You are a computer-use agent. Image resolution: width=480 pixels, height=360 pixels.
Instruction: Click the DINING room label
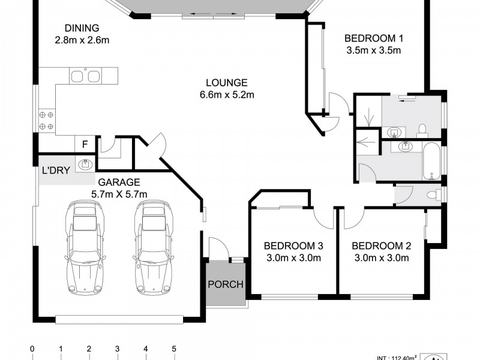pyautogui.click(x=82, y=28)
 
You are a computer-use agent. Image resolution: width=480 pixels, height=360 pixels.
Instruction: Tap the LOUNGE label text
pyautogui.click(x=227, y=83)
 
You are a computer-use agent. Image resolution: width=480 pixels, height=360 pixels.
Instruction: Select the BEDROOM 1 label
pyautogui.click(x=374, y=38)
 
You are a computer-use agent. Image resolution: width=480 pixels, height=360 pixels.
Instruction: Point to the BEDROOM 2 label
pyautogui.click(x=382, y=246)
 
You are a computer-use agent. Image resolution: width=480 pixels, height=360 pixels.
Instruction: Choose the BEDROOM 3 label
pyautogui.click(x=293, y=246)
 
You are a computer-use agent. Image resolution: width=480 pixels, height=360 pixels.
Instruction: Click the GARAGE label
pyautogui.click(x=119, y=182)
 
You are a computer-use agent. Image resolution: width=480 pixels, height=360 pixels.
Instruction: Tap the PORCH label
pyautogui.click(x=226, y=284)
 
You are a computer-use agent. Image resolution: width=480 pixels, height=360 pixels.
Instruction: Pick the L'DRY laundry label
pyautogui.click(x=56, y=170)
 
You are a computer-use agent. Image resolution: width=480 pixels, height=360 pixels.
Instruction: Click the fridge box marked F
pyautogui.click(x=85, y=144)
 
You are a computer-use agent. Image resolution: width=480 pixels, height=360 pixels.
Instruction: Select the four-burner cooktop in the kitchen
pyautogui.click(x=47, y=121)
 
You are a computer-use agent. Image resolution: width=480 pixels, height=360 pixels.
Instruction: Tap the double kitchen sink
pyautogui.click(x=85, y=76)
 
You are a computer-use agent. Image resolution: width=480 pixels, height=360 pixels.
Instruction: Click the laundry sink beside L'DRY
pyautogui.click(x=85, y=165)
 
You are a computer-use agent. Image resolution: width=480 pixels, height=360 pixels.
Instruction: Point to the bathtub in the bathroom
pyautogui.click(x=431, y=161)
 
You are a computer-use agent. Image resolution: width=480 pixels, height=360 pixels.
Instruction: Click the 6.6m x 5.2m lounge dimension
pyautogui.click(x=227, y=95)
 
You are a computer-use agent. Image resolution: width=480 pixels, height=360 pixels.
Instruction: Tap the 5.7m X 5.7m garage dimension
pyautogui.click(x=119, y=194)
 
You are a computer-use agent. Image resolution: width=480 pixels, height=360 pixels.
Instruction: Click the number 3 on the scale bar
pyautogui.click(x=117, y=349)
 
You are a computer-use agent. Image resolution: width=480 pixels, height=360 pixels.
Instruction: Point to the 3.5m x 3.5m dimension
pyautogui.click(x=374, y=50)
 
